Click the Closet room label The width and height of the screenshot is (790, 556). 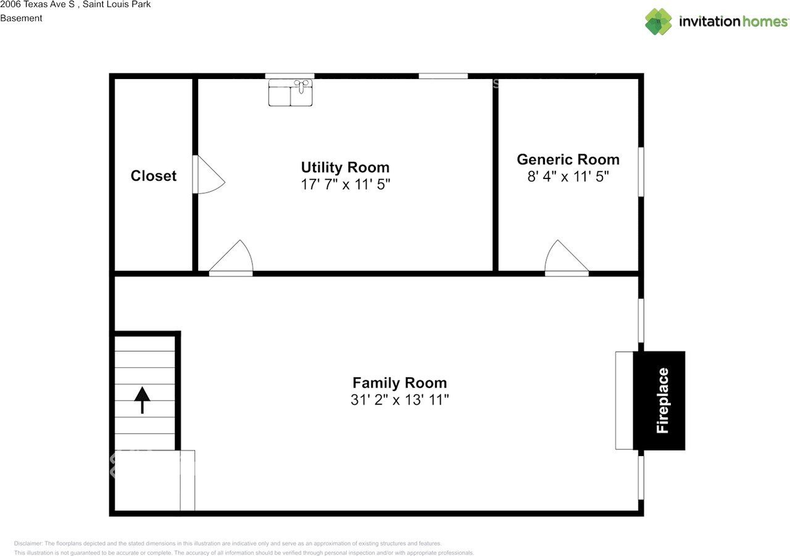click(154, 176)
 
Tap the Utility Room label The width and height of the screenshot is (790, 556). click(345, 167)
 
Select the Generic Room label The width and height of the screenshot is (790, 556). click(568, 159)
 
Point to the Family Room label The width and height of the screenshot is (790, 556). click(399, 383)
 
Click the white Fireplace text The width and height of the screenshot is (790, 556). click(662, 400)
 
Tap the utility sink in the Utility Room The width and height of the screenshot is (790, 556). click(290, 93)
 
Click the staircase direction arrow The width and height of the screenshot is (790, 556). click(142, 400)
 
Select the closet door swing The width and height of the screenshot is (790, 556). click(209, 175)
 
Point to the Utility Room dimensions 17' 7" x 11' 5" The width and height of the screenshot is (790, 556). click(346, 185)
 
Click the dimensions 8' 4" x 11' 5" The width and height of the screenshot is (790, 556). click(568, 176)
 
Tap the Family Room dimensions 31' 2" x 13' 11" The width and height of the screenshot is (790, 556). click(399, 400)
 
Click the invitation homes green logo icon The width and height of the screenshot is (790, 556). click(659, 22)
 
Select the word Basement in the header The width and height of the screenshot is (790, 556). click(21, 18)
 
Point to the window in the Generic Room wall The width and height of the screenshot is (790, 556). click(641, 172)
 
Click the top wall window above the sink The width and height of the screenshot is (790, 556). click(289, 76)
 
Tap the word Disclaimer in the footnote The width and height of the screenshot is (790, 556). click(28, 543)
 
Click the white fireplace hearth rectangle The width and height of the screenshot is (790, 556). click(624, 400)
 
